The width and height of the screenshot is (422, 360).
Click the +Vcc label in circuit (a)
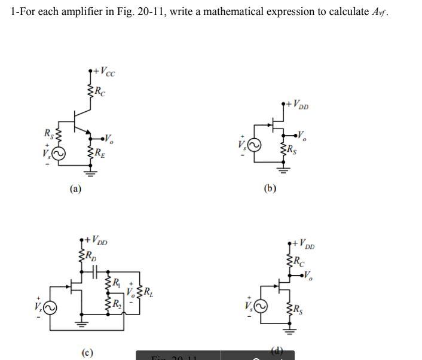(x=103, y=73)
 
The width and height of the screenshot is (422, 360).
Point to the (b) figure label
(x=270, y=189)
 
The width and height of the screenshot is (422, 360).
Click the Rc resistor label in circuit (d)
(x=299, y=260)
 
